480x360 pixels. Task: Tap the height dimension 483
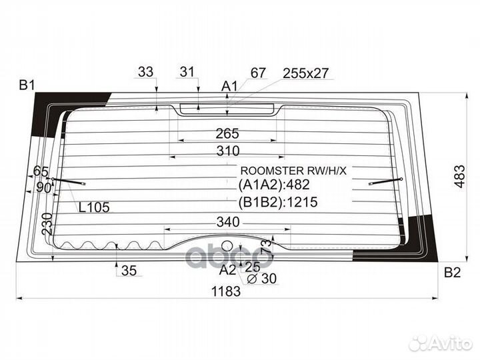459,175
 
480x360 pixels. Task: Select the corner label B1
27,85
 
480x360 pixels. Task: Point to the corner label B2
453,272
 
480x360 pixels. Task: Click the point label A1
229,85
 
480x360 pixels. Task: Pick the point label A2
228,269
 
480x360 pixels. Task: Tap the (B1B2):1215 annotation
278,203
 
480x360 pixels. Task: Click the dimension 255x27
305,73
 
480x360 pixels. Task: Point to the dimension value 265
227,133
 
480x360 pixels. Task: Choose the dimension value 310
227,151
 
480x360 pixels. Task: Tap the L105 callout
94,207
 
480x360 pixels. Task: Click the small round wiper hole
227,245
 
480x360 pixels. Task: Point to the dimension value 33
145,72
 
